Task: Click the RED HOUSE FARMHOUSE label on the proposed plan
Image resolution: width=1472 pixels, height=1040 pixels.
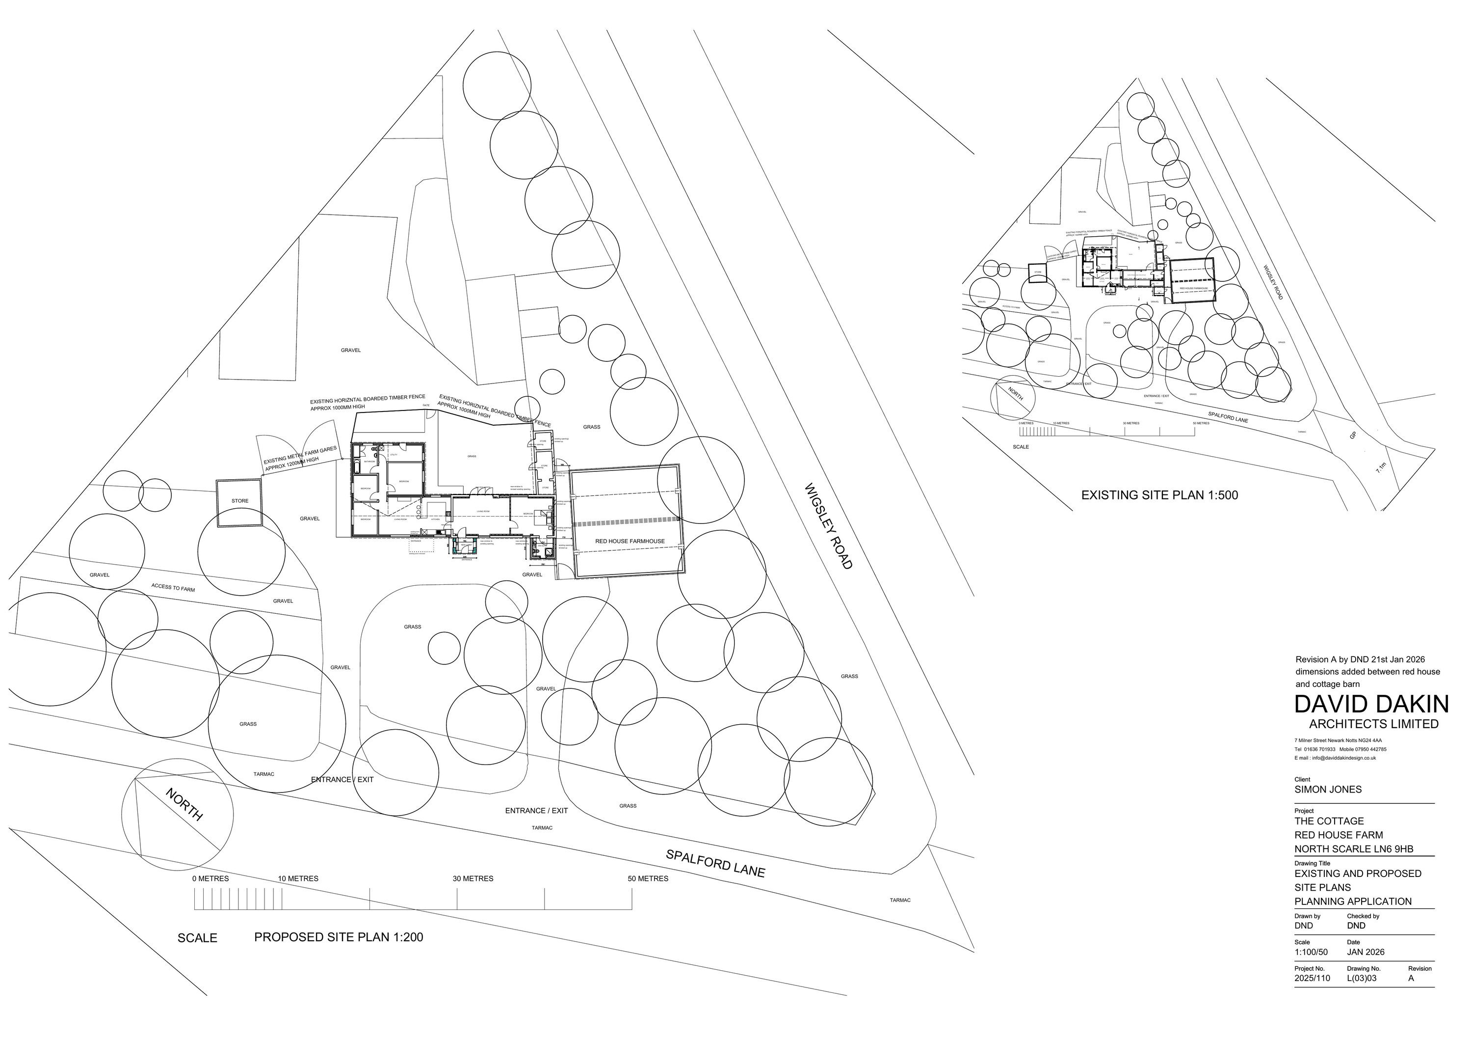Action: pyautogui.click(x=630, y=541)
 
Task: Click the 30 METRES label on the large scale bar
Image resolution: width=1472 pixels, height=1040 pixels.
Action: pyautogui.click(x=473, y=878)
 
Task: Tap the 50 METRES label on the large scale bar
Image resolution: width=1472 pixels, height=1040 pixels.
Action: pyautogui.click(x=648, y=878)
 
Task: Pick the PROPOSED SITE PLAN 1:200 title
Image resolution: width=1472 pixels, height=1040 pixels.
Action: pyautogui.click(x=339, y=937)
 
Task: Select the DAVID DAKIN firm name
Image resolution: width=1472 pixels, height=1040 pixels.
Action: pyautogui.click(x=1371, y=704)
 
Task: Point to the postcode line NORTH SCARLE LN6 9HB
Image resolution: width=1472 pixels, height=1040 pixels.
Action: pyautogui.click(x=1353, y=849)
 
